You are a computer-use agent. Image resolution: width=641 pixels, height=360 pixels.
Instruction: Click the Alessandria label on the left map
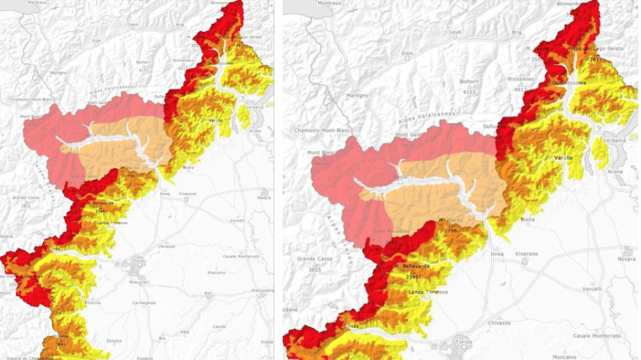262,290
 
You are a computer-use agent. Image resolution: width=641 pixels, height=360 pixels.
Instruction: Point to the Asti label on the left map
208,295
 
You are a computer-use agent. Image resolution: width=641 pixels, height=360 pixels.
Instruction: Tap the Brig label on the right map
516,32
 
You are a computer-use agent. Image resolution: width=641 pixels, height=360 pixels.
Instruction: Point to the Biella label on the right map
527,220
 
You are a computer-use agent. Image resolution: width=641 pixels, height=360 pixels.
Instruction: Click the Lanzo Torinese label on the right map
428,292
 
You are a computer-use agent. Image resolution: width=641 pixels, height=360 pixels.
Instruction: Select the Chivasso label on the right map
499,322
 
